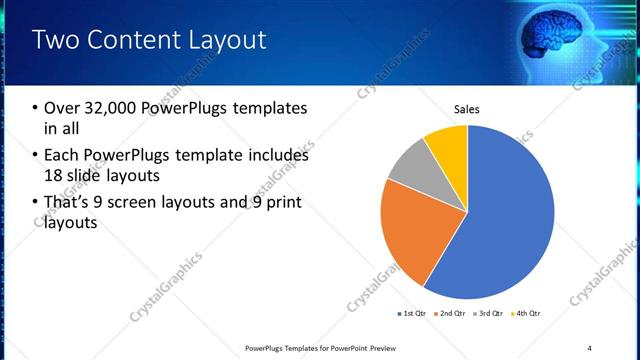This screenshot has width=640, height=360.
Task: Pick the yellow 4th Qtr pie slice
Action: (x=446, y=145)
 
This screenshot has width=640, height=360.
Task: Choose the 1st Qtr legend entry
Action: (x=411, y=314)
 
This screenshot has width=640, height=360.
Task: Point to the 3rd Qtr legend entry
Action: (x=489, y=314)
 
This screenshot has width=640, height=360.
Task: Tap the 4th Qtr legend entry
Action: (x=527, y=314)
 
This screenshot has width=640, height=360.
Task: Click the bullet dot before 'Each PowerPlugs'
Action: (x=36, y=156)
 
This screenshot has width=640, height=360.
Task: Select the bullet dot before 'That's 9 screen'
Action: (x=36, y=203)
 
